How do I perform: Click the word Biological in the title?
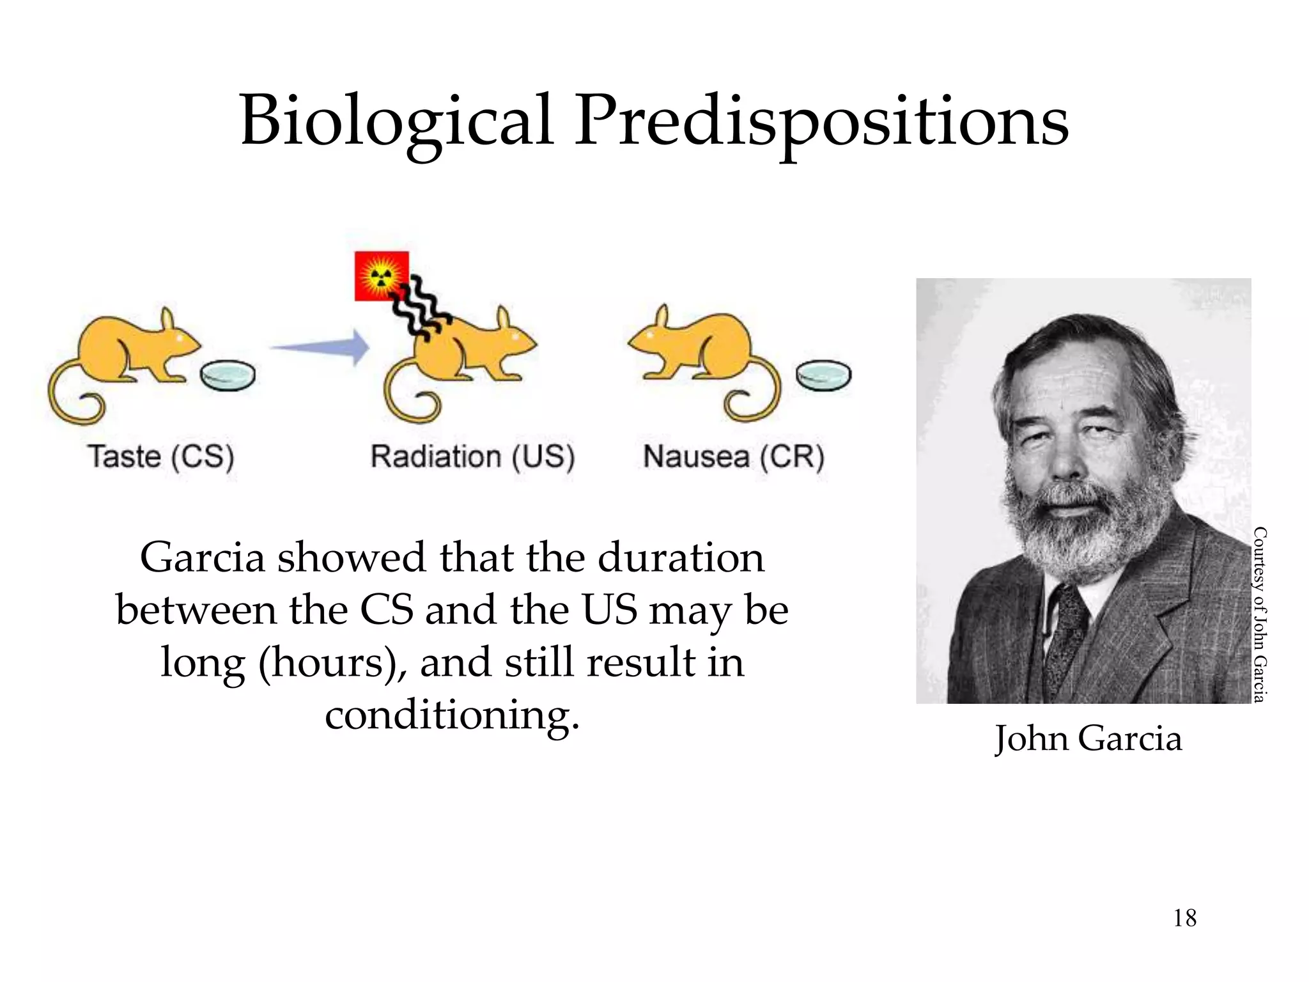click(396, 121)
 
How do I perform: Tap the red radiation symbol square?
click(381, 276)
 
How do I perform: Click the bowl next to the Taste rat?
click(228, 376)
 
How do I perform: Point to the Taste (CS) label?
click(161, 456)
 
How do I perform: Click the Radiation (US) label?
click(473, 456)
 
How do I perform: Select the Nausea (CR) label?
click(734, 456)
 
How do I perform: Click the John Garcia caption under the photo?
click(1088, 738)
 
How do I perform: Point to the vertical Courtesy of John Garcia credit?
click(1259, 614)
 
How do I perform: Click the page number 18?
click(1184, 918)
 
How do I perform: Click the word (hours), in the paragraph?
click(332, 663)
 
